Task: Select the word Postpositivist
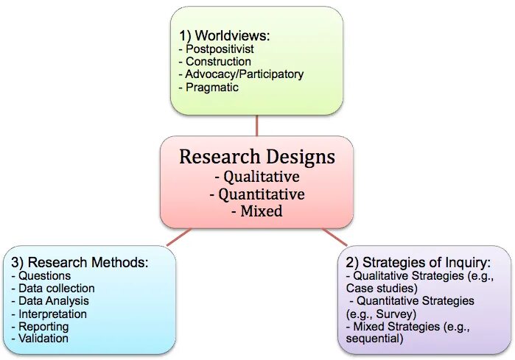coord(218,49)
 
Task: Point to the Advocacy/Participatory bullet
coord(244,74)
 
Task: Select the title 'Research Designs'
coord(256,157)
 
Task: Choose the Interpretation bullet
coord(51,314)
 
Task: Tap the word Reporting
coord(43,326)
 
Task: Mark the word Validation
coord(43,339)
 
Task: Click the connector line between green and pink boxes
coord(256,125)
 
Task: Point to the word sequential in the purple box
coord(374,339)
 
